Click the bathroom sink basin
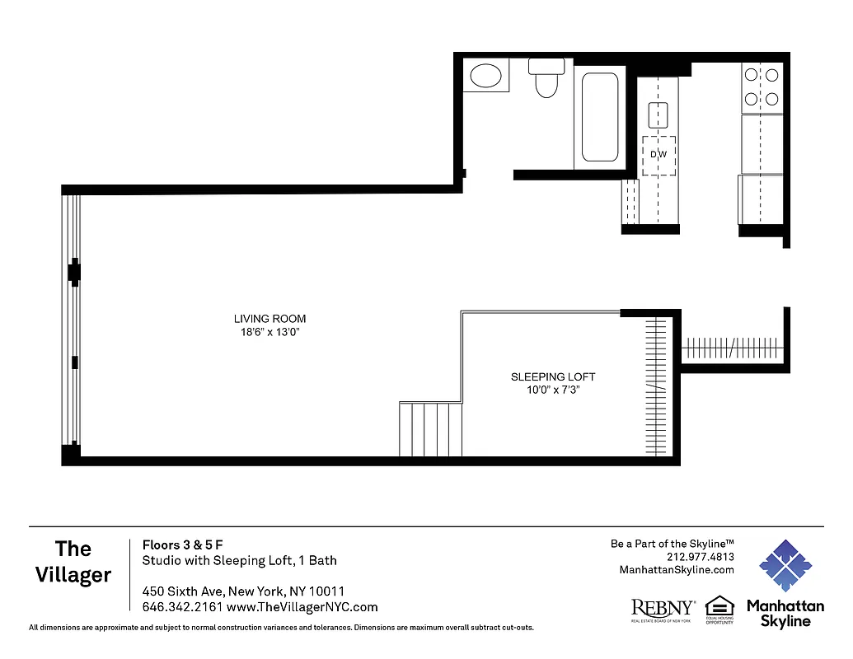point(485,77)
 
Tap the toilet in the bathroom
point(546,79)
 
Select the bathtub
point(600,117)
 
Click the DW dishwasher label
point(658,155)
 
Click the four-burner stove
point(762,88)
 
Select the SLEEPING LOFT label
point(553,377)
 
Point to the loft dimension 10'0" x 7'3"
point(553,390)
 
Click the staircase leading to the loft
point(430,428)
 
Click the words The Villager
point(73,562)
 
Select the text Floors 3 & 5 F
point(183,544)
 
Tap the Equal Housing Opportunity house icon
point(719,605)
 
